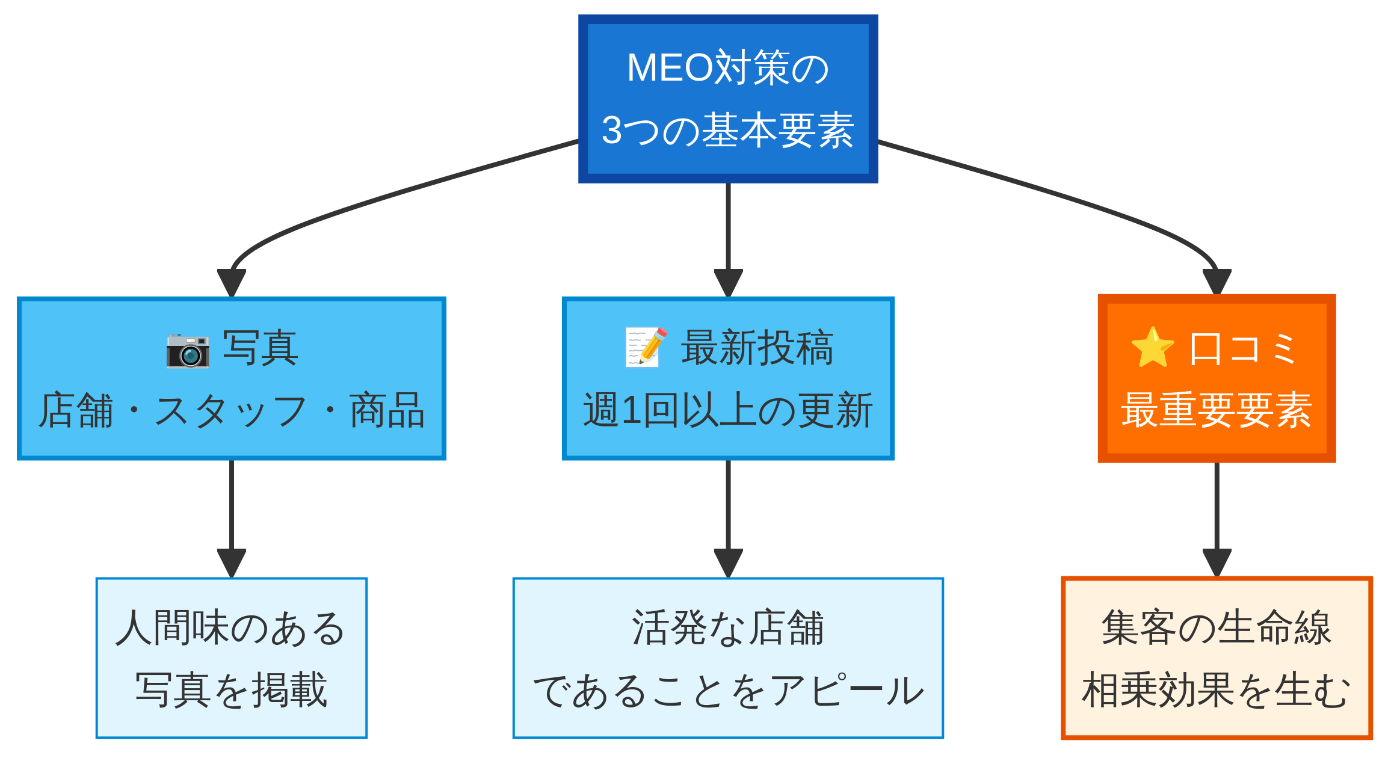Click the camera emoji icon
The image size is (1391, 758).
pos(188,350)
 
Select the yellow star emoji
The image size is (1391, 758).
pos(1152,348)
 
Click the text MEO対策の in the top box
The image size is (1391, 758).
pos(728,67)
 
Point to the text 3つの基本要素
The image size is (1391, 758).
pos(728,130)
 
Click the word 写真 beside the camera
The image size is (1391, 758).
pos(260,348)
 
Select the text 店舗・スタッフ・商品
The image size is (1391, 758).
pos(232,411)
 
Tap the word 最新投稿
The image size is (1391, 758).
pos(757,348)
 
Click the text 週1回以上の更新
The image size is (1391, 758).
pos(728,411)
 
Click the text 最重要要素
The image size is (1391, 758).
pos(1217,411)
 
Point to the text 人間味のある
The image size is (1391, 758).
pos(231,628)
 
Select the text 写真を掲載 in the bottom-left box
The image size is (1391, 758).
pos(231,690)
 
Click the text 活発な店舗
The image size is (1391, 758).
pos(728,628)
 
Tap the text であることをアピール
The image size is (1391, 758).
pos(728,691)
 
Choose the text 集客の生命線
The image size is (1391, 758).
pos(1217,628)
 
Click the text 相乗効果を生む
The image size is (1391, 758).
pos(1217,691)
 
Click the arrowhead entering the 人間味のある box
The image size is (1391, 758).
pos(232,562)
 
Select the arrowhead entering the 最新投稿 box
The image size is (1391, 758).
pos(728,282)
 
